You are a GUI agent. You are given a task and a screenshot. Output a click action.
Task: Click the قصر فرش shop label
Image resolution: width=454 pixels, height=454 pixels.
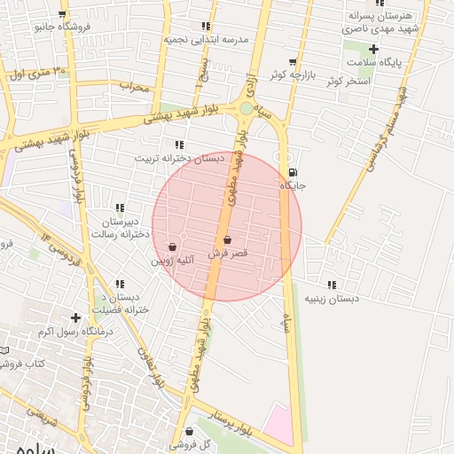[x=227, y=254]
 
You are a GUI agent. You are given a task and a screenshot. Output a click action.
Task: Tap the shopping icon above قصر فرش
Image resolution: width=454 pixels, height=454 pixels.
[x=227, y=239]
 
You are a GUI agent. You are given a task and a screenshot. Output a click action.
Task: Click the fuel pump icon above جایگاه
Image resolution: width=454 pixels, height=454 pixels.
[x=293, y=172]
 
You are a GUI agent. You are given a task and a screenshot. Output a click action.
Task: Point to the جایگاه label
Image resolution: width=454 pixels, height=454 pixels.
[x=293, y=186]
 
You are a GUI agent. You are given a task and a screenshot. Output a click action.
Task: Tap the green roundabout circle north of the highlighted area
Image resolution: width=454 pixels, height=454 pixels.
[x=246, y=108]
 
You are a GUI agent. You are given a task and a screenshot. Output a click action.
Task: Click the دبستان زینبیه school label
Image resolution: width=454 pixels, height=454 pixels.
[x=332, y=299]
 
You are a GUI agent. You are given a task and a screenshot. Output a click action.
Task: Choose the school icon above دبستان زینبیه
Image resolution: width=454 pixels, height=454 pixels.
[x=332, y=285]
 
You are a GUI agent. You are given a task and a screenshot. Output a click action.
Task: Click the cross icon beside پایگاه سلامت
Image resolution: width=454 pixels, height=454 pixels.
[x=375, y=49]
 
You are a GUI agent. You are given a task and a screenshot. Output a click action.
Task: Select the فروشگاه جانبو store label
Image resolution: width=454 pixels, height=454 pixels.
[x=63, y=27]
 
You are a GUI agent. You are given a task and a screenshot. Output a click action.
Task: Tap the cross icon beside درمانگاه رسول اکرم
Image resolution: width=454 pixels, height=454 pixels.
[x=76, y=317]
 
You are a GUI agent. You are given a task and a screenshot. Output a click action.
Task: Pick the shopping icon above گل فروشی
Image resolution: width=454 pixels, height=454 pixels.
[x=189, y=431]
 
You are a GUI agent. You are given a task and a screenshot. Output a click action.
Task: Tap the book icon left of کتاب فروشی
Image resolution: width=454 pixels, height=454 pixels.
[x=4, y=351]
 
